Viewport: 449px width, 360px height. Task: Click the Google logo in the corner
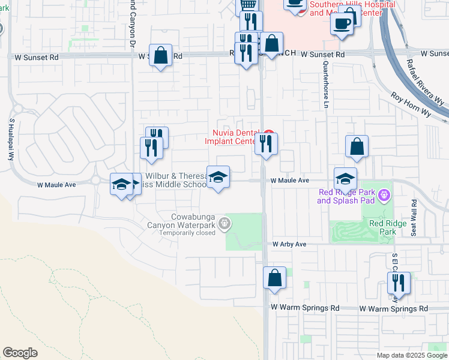click(x=20, y=353)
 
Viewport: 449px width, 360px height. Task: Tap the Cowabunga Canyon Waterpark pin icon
click(x=224, y=224)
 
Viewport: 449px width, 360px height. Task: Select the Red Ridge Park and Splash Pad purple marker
click(x=385, y=195)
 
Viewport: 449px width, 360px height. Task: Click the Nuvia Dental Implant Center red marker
click(x=269, y=134)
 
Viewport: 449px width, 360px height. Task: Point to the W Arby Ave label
click(x=289, y=245)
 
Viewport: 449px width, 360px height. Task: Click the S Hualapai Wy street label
click(x=11, y=137)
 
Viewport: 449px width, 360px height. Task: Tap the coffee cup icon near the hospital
click(x=342, y=23)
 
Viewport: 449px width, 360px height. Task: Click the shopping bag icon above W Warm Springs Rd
click(x=274, y=278)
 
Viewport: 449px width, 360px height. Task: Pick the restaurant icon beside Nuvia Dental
click(x=265, y=143)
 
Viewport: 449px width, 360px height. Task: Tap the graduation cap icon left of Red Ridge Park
click(x=345, y=179)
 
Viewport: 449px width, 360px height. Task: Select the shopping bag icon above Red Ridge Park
click(x=357, y=146)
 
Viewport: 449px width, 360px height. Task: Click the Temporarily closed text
click(x=187, y=233)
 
